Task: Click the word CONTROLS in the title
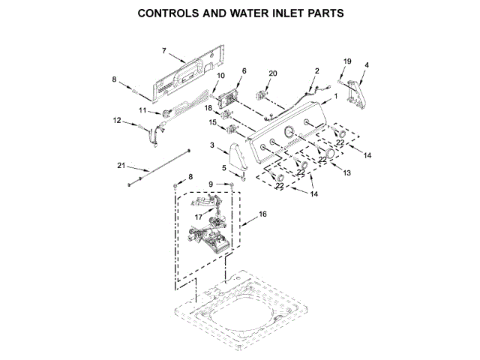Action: click(170, 13)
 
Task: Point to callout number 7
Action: click(163, 50)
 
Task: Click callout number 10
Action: click(220, 76)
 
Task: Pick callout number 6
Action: click(244, 70)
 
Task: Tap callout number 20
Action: click(273, 73)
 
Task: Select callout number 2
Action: click(316, 70)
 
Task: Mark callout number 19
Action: click(347, 61)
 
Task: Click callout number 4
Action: click(367, 66)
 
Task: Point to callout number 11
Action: click(142, 111)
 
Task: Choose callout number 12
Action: click(117, 120)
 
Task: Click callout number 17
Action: click(199, 218)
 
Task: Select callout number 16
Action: click(262, 214)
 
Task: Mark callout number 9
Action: click(211, 184)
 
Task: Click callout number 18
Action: click(209, 108)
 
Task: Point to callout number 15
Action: click(213, 122)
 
